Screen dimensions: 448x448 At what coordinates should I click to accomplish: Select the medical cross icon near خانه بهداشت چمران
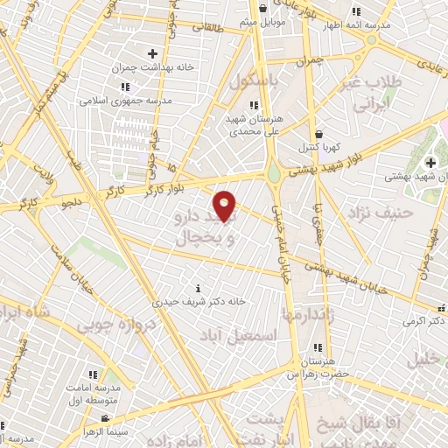pyautogui.click(x=152, y=54)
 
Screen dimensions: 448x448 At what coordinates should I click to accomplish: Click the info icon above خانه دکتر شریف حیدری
pyautogui.click(x=199, y=288)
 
